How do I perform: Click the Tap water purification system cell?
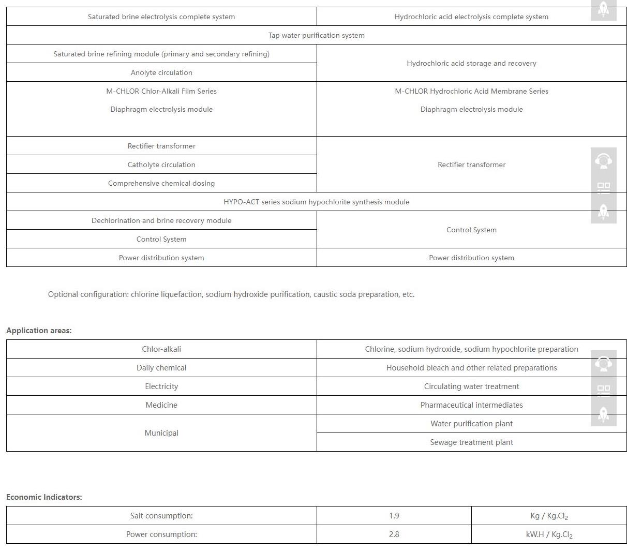click(316, 35)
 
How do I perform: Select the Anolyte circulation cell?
click(161, 72)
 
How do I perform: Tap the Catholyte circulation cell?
click(161, 165)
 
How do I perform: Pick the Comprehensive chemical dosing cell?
click(161, 183)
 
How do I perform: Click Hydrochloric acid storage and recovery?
click(471, 63)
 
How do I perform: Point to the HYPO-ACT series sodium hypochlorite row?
click(316, 202)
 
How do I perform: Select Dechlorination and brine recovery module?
click(161, 220)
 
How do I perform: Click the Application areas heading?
click(39, 331)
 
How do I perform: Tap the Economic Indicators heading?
click(44, 497)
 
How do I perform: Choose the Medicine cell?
click(161, 405)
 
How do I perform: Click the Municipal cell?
click(161, 433)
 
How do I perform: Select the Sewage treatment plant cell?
click(471, 442)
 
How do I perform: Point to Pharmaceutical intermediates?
click(471, 405)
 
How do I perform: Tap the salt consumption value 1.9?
click(394, 516)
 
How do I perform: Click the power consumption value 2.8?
click(394, 534)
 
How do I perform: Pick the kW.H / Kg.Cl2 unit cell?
click(549, 534)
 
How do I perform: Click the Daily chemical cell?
click(161, 368)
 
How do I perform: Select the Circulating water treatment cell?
click(471, 386)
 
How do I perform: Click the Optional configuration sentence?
click(231, 294)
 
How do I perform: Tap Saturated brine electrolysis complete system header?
click(161, 17)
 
